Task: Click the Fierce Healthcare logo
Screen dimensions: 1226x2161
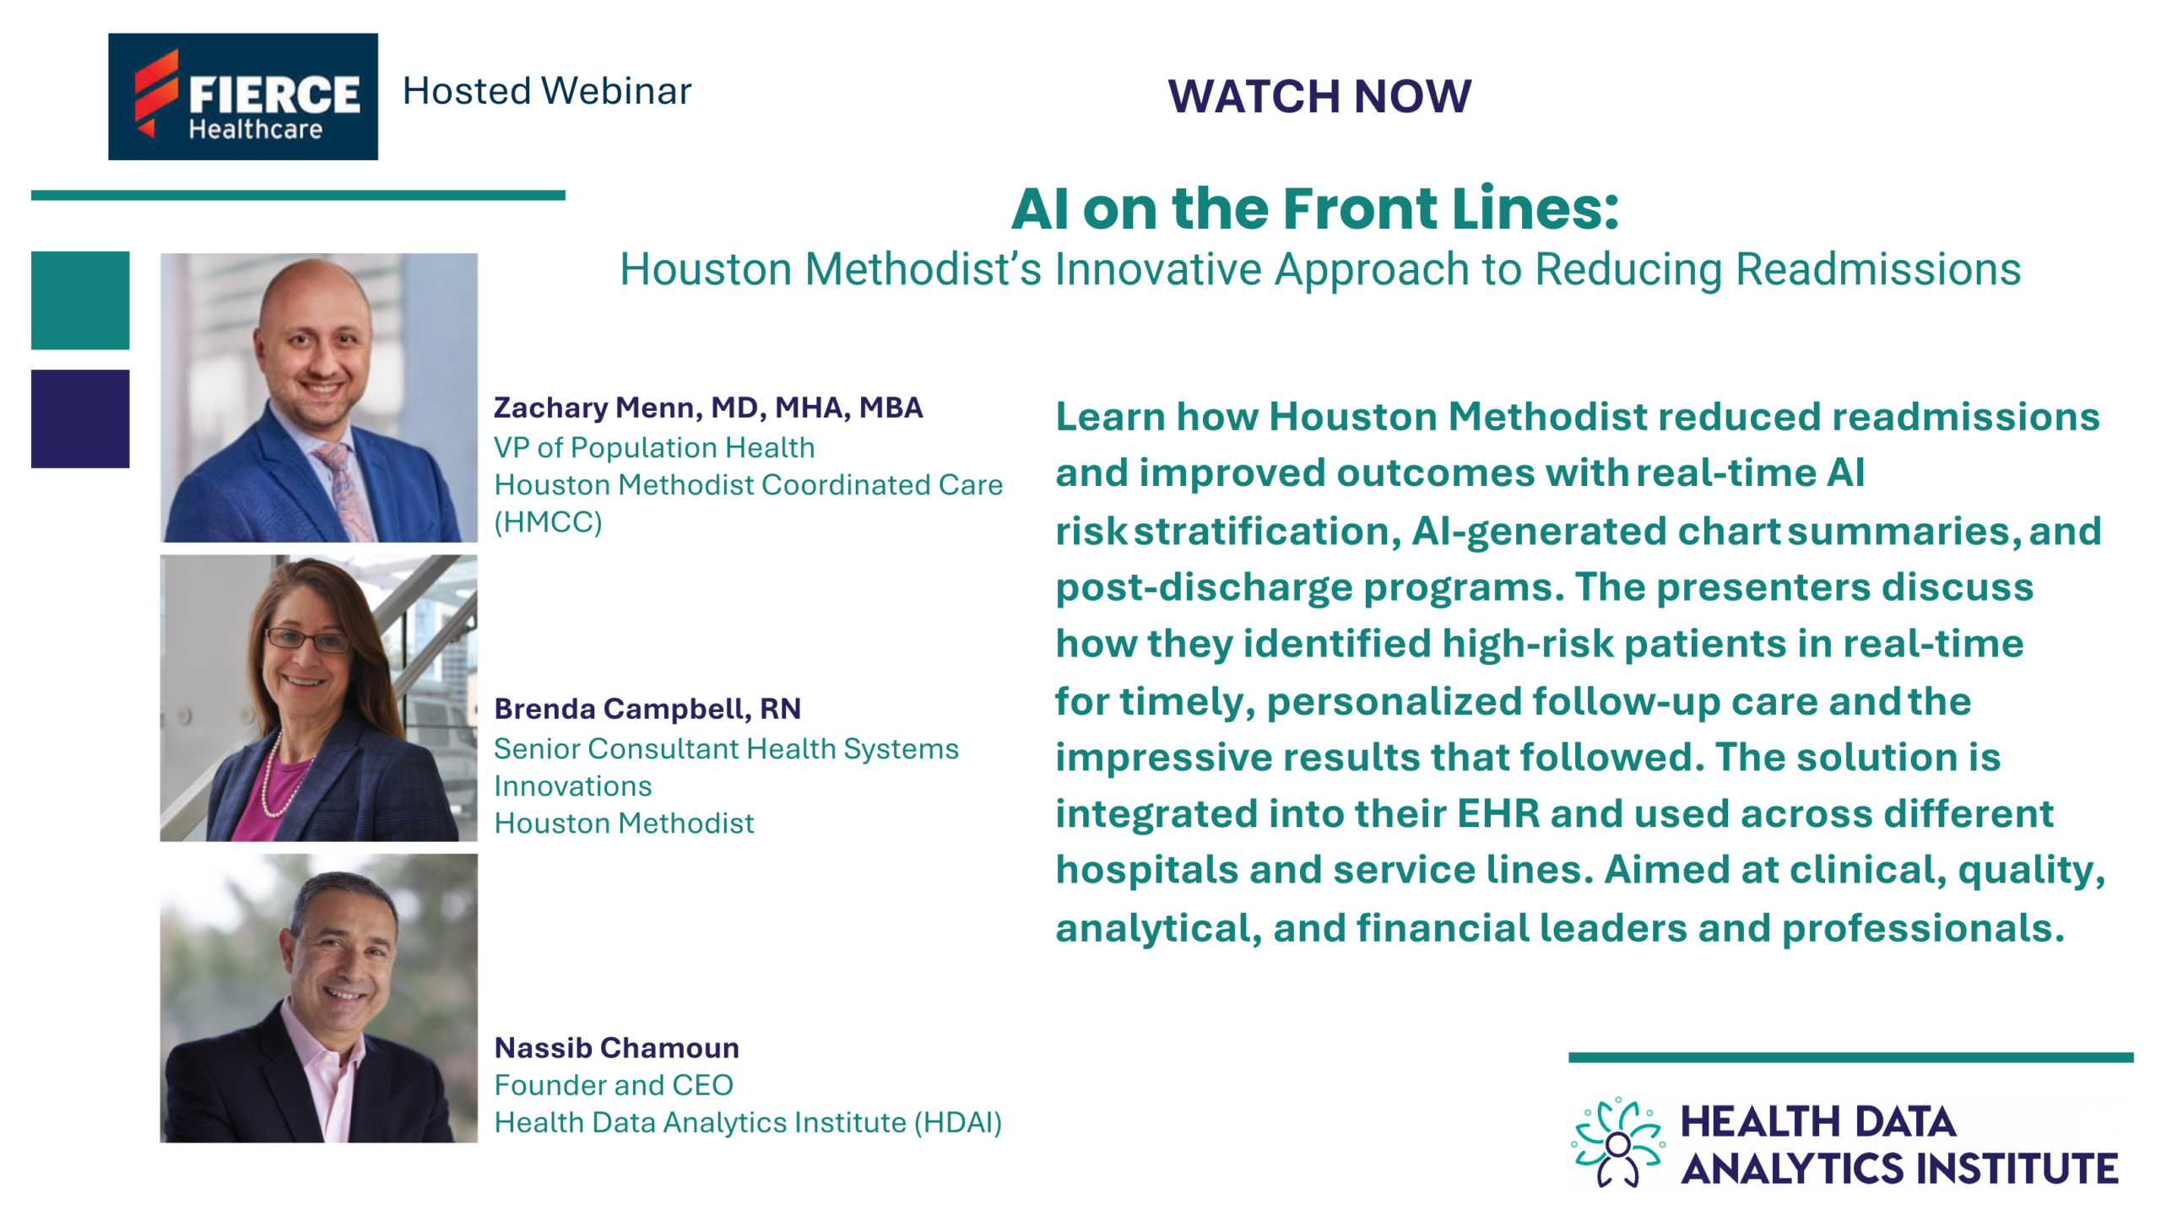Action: pos(242,96)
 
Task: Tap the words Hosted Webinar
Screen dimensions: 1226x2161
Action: pos(546,91)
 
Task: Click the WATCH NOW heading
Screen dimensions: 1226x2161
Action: pos(1319,95)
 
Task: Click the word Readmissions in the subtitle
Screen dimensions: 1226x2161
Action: pos(1878,270)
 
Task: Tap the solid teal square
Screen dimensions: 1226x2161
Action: pos(80,300)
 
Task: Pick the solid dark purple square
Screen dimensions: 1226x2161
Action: pos(80,419)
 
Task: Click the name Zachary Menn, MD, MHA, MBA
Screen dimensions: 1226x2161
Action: pos(707,408)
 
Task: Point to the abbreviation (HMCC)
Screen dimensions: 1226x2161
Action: pos(548,522)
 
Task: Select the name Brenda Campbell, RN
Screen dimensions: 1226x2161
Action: pos(647,709)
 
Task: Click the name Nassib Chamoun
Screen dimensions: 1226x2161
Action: pos(616,1048)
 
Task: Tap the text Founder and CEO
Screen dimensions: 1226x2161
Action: pos(614,1085)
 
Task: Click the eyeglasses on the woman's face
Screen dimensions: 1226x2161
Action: pos(308,640)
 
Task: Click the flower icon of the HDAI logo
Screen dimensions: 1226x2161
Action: pos(1617,1143)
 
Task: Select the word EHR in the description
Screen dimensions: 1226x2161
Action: pos(1498,814)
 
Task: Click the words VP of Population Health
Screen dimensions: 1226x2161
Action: pos(654,448)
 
